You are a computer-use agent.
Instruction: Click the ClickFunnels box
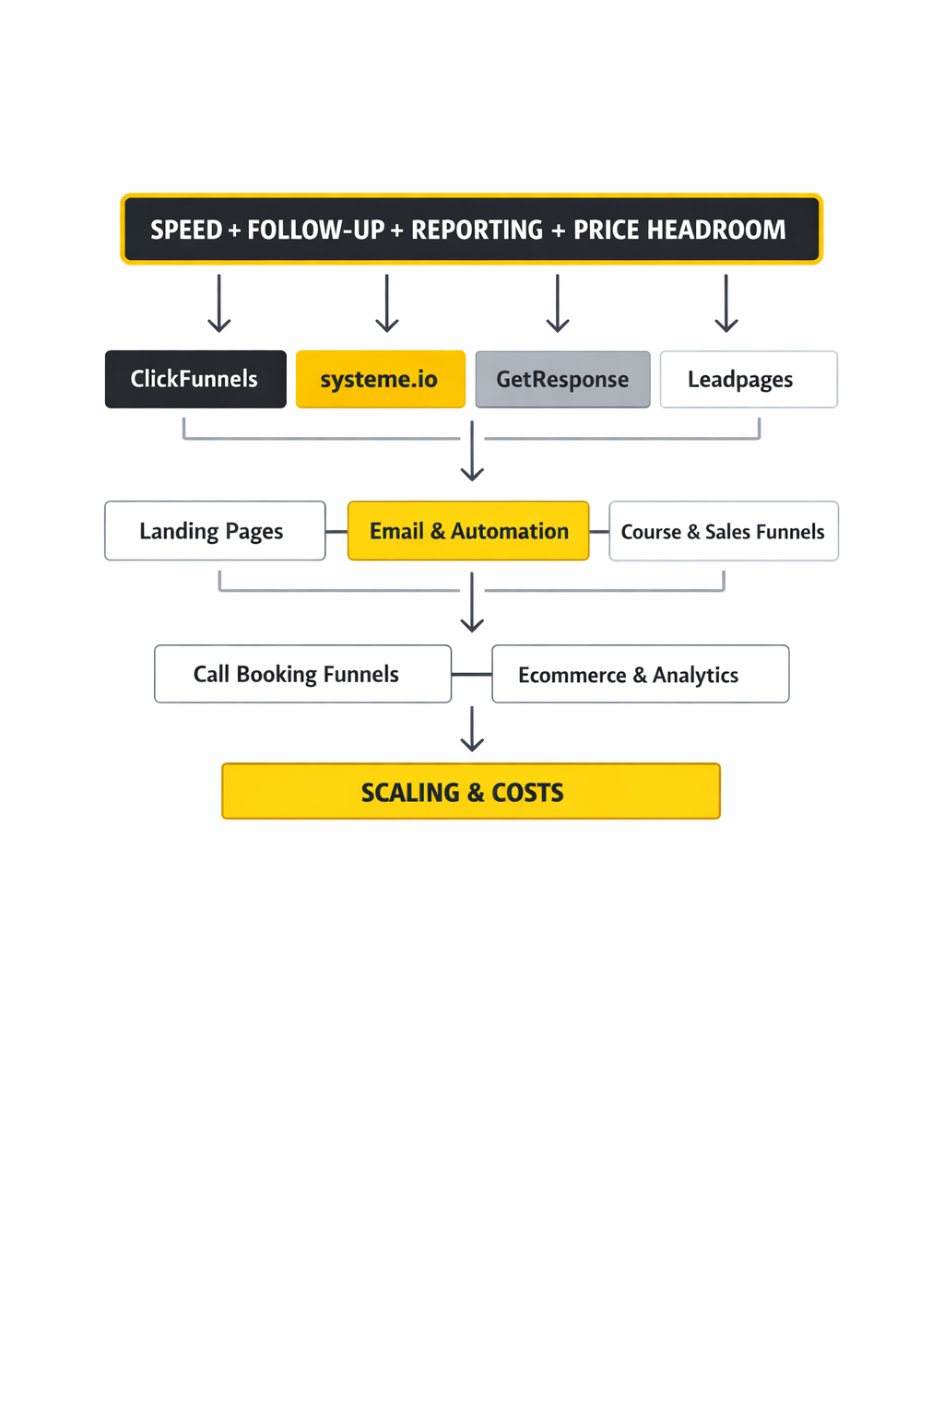195,379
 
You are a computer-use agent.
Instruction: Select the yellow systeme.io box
380,379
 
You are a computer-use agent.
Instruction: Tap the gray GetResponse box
562,379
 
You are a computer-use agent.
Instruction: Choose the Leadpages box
749,379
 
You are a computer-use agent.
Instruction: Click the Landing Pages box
215,531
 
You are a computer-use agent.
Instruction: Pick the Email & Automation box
468,531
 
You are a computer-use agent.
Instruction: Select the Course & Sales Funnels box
724,531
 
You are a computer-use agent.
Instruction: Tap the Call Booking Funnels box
302,674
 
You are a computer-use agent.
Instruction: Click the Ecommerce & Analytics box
640,674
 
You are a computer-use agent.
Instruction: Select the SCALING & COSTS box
470,792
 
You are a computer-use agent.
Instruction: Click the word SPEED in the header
186,230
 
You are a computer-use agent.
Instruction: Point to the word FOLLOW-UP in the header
315,230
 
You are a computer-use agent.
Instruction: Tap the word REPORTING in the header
477,230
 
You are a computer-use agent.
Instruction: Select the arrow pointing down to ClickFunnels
219,303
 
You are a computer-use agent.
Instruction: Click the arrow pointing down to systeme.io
387,303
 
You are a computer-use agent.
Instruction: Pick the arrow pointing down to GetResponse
558,303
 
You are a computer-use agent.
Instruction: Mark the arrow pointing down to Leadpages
726,303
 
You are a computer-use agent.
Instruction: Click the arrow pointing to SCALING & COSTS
472,729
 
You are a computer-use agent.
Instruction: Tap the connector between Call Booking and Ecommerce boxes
471,675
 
